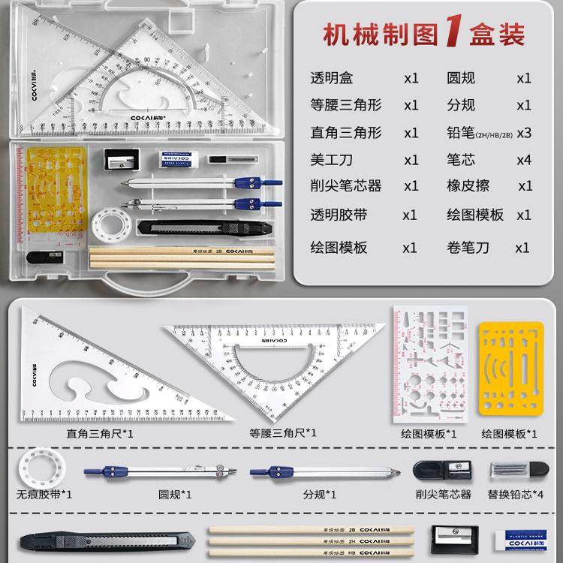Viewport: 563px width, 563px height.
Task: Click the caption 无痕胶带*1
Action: (44, 493)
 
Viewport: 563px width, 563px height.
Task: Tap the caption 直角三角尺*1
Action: (100, 433)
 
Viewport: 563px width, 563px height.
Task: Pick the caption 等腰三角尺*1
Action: (282, 433)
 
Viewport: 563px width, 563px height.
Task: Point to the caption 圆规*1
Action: (175, 493)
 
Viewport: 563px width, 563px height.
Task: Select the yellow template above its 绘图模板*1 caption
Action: (510, 369)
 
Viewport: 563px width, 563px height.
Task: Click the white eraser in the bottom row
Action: (528, 538)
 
